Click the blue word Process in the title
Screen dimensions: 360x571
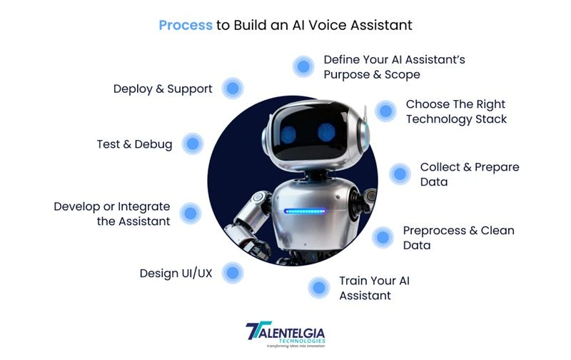[x=186, y=25]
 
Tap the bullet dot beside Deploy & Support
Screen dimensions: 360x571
[x=233, y=89]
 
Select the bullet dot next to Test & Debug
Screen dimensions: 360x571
[x=192, y=144]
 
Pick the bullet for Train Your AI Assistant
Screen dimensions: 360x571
[x=318, y=288]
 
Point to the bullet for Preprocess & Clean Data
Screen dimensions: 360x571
[x=383, y=237]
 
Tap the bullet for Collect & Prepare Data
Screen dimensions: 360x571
[x=400, y=174]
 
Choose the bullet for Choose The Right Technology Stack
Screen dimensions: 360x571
[x=385, y=111]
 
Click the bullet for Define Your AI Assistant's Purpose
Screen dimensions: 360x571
[x=303, y=66]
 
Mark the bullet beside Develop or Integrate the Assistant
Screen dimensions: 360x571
[x=190, y=212]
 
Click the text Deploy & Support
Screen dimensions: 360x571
[x=163, y=89]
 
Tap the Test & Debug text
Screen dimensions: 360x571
[x=134, y=144]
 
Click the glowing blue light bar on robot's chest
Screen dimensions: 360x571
[x=305, y=211]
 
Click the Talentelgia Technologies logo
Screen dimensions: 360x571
[x=285, y=334]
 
